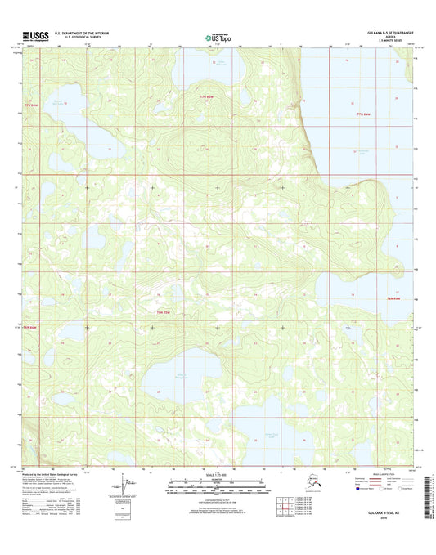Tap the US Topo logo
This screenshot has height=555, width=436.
pos(218,37)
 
